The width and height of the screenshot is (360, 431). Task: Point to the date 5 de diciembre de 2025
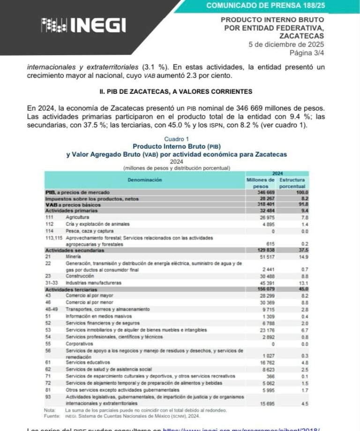(x=286, y=45)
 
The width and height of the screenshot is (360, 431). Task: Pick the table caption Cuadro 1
(x=176, y=139)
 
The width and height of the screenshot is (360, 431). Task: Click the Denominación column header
(x=144, y=180)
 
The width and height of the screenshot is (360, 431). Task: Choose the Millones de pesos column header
(x=261, y=183)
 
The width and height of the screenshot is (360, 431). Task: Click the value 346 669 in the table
(x=266, y=192)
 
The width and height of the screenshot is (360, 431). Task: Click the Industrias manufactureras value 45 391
(x=267, y=283)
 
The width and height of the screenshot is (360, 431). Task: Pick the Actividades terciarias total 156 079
(x=265, y=289)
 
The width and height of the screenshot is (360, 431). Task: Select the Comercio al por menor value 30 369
(x=267, y=302)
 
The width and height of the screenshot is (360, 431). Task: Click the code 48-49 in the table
(x=52, y=309)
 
